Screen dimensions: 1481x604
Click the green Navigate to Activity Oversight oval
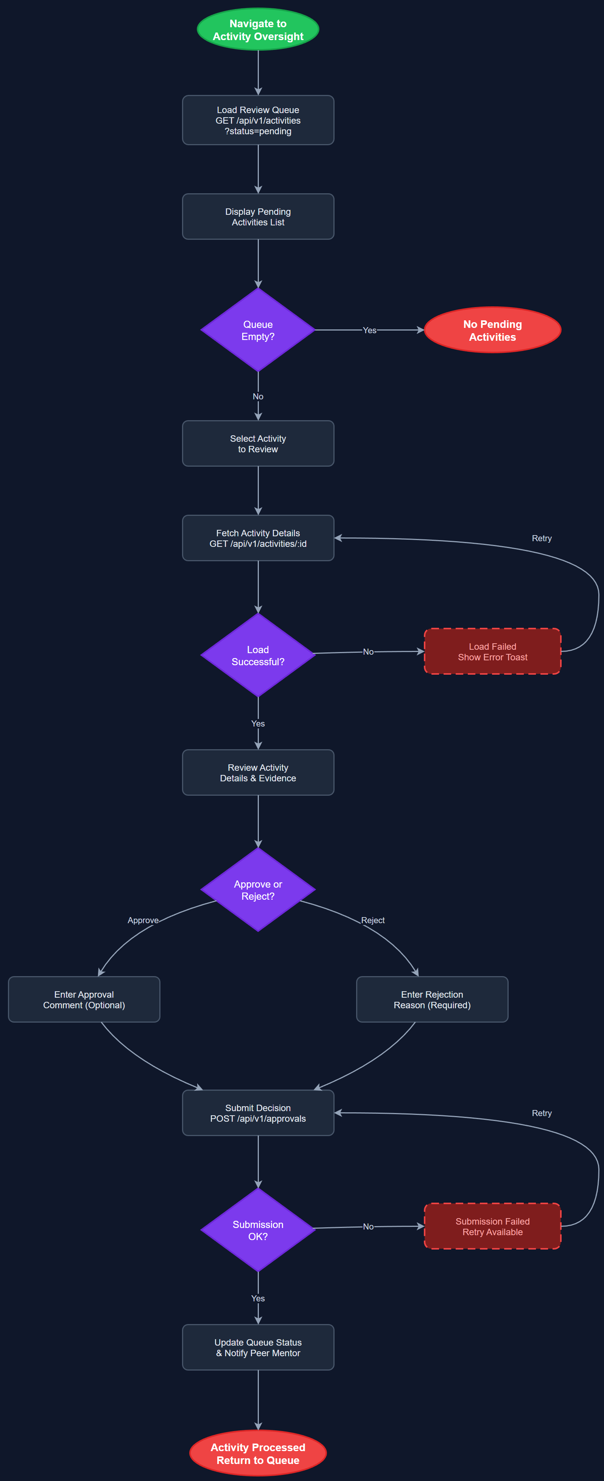258,29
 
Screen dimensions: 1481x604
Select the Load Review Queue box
258,120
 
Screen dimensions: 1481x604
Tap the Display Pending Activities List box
258,217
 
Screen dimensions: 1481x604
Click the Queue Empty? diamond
258,330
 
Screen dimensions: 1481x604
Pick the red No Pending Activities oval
492,330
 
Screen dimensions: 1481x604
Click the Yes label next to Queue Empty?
369,330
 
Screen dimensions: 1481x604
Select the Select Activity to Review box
258,443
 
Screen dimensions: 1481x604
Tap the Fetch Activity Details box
258,538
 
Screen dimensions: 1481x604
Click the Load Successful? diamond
258,655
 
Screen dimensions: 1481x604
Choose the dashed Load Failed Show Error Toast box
492,651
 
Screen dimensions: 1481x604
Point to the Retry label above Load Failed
541,538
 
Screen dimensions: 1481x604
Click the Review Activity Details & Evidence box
258,773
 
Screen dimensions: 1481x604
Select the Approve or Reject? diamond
258,890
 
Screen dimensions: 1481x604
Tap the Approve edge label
143,920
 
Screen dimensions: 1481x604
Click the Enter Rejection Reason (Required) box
432,999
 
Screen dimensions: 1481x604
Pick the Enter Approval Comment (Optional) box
84,999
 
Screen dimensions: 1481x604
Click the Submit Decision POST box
258,1113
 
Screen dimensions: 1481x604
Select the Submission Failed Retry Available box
492,1226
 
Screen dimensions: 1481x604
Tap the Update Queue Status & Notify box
258,1347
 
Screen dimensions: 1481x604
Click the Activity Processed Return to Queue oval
258,1453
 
